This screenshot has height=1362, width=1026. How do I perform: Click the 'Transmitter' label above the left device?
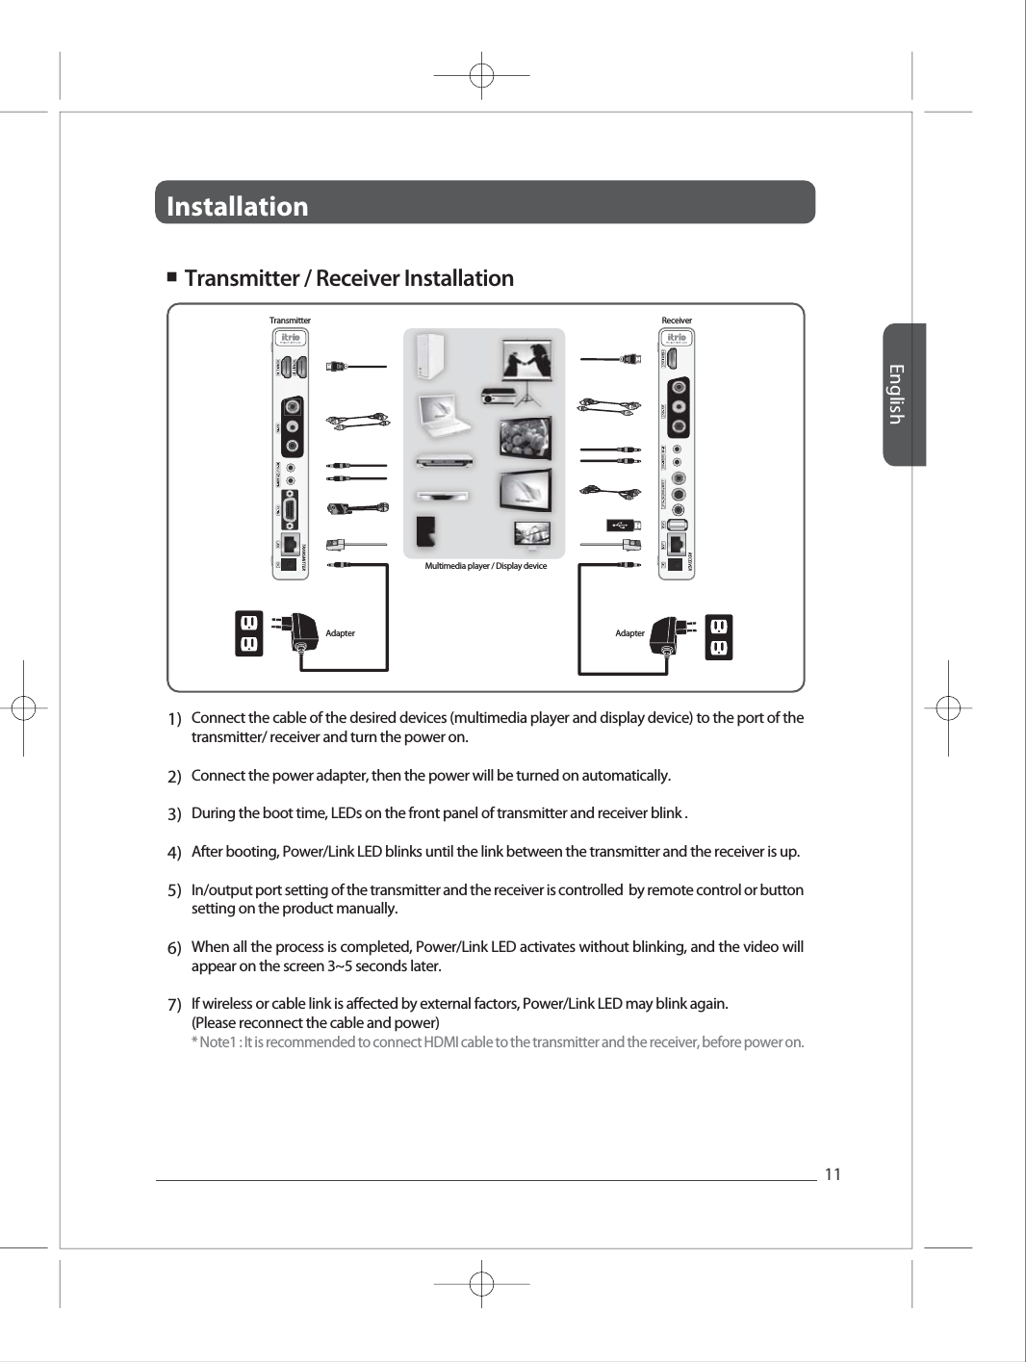[x=290, y=321]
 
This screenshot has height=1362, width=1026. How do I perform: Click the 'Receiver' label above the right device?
[x=677, y=321]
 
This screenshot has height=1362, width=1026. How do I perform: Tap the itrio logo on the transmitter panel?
[x=292, y=338]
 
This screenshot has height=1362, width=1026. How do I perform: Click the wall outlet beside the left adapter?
[x=248, y=633]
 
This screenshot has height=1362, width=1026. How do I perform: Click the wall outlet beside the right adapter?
[x=718, y=637]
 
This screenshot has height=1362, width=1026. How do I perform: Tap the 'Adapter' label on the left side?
[x=340, y=633]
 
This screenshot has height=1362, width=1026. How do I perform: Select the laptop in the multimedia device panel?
[x=442, y=414]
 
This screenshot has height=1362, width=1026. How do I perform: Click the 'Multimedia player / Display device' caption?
[x=485, y=566]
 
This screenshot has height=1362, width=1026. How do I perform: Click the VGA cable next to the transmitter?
[x=356, y=508]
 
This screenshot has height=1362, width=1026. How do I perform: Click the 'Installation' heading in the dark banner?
[x=238, y=206]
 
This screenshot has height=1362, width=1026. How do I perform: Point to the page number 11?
[x=833, y=1174]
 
